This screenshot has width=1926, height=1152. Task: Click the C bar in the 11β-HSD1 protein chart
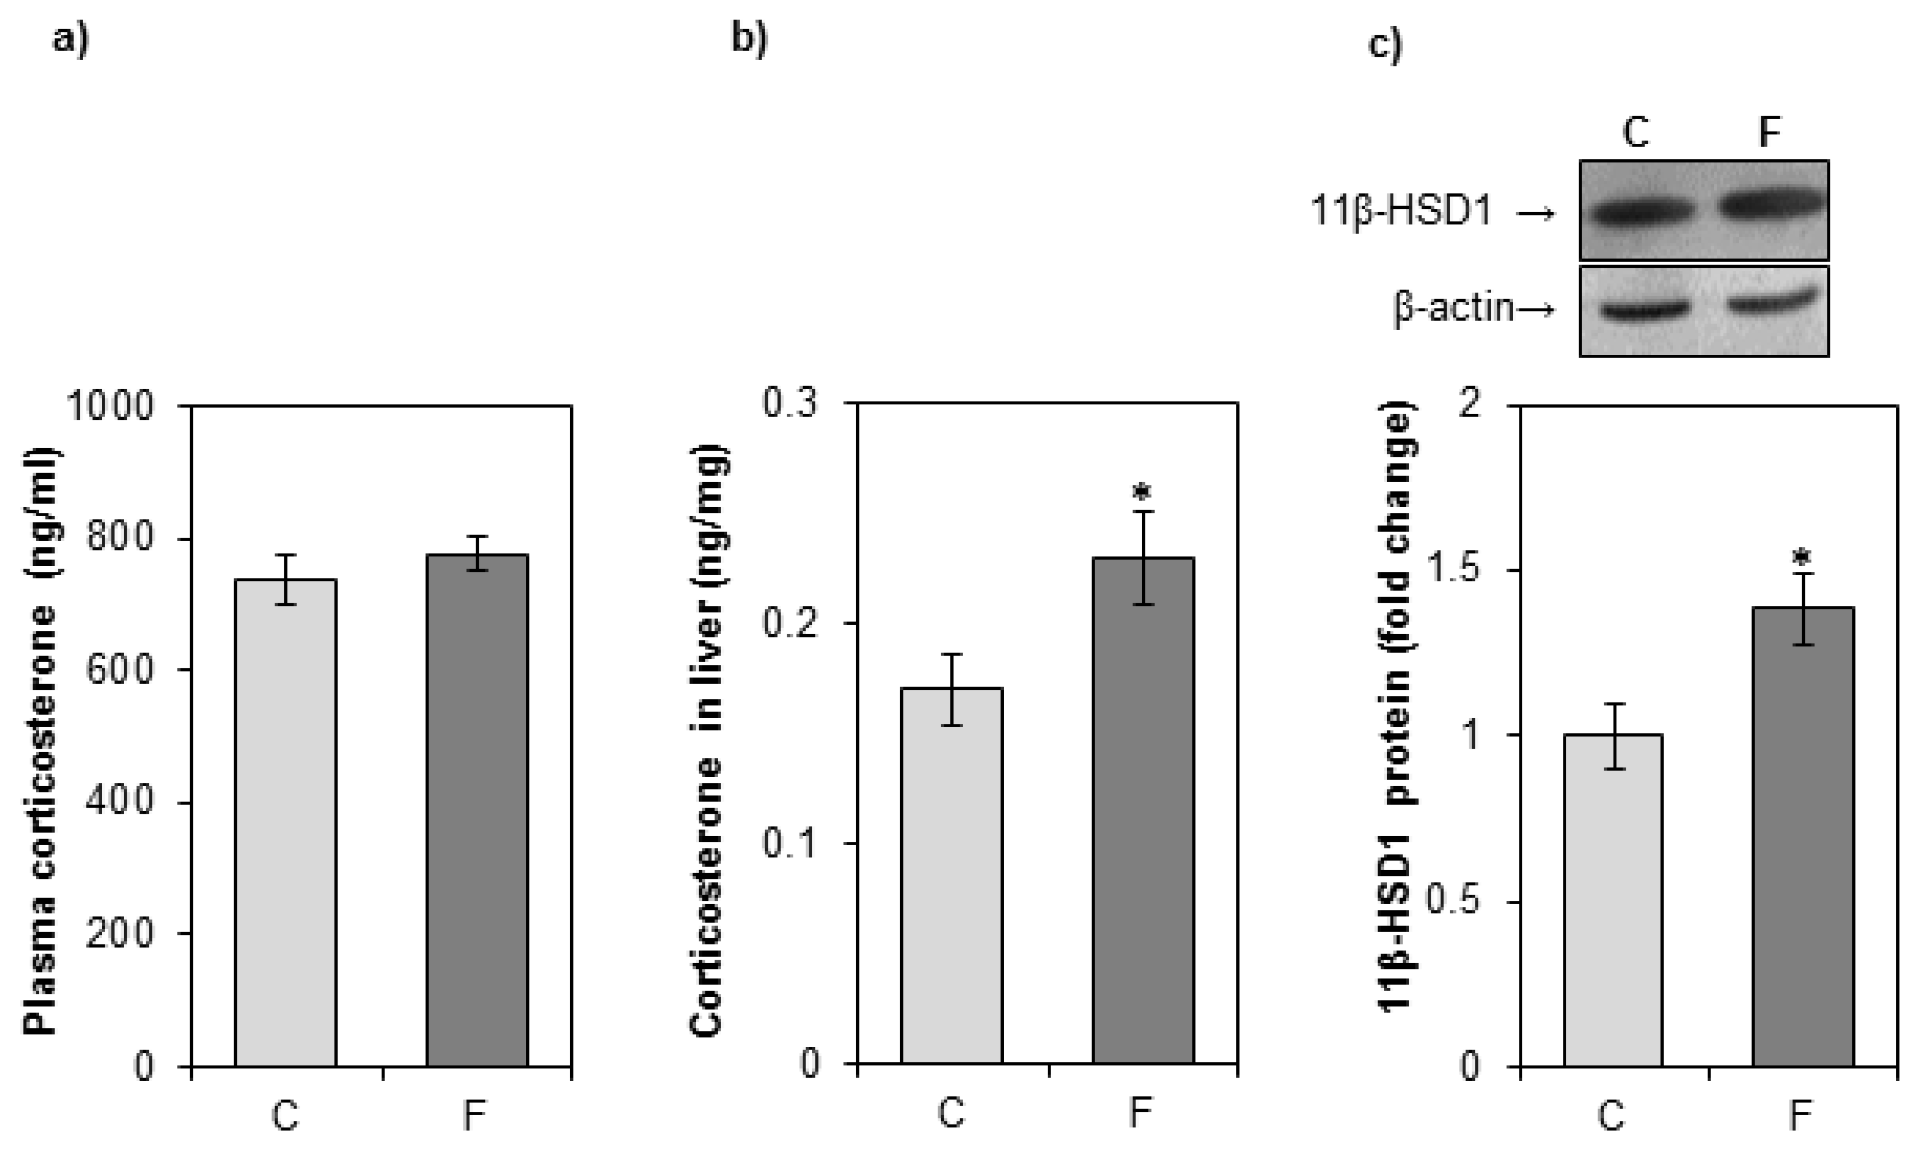[x=1613, y=900]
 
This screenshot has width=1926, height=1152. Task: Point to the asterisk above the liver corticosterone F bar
[x=1143, y=494]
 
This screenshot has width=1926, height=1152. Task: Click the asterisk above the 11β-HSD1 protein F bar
[x=1803, y=558]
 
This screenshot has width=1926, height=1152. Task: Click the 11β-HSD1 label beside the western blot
[x=1400, y=212]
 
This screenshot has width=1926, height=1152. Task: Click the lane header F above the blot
[x=1769, y=133]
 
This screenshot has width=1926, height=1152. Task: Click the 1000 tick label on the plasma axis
[x=111, y=406]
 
